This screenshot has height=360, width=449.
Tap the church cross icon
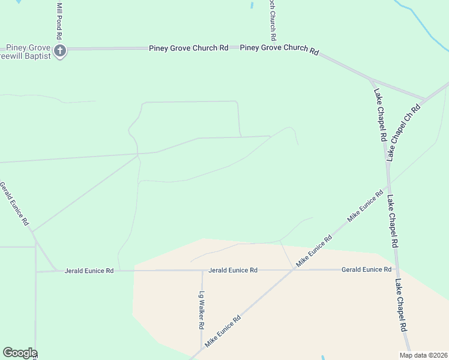pyautogui.click(x=60, y=51)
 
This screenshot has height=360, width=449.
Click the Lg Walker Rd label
pyautogui.click(x=202, y=310)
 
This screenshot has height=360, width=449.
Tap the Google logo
pyautogui.click(x=20, y=353)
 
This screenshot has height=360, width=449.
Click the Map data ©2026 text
pyautogui.click(x=423, y=355)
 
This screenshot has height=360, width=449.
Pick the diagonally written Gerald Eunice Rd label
pyautogui.click(x=14, y=204)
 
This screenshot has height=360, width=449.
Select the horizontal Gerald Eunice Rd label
pyautogui.click(x=366, y=270)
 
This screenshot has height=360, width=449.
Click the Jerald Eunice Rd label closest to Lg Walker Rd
pyautogui.click(x=233, y=271)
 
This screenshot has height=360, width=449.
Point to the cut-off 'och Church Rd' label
pyautogui.click(x=273, y=16)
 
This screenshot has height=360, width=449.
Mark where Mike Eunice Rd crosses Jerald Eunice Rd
pyautogui.click(x=294, y=269)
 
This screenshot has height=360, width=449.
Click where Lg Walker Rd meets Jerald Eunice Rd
pyautogui.click(x=202, y=271)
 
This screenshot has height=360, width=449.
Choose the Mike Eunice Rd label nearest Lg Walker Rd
pyautogui.click(x=223, y=331)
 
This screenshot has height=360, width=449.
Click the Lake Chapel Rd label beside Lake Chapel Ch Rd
pyautogui.click(x=380, y=115)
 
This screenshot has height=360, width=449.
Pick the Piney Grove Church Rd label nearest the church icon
pyautogui.click(x=188, y=47)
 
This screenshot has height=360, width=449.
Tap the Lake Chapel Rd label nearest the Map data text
pyautogui.click(x=402, y=306)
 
